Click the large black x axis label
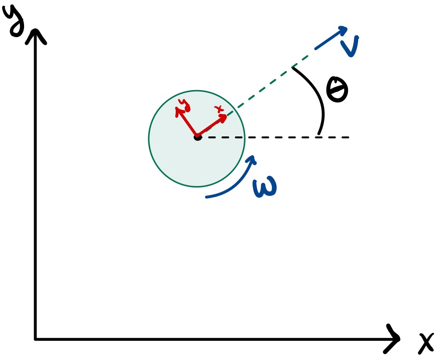tap(426, 343)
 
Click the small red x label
tap(220, 108)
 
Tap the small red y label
tap(183, 103)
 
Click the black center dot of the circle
tap(197, 137)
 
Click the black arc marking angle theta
tap(320, 101)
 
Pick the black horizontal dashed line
tap(289, 138)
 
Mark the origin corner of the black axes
tap(35, 339)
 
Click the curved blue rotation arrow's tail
tap(207, 197)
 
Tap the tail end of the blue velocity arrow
tap(316, 49)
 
